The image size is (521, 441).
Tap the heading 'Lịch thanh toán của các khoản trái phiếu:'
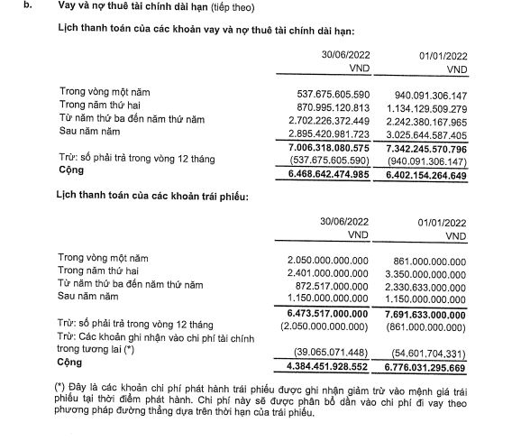(x=151, y=194)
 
